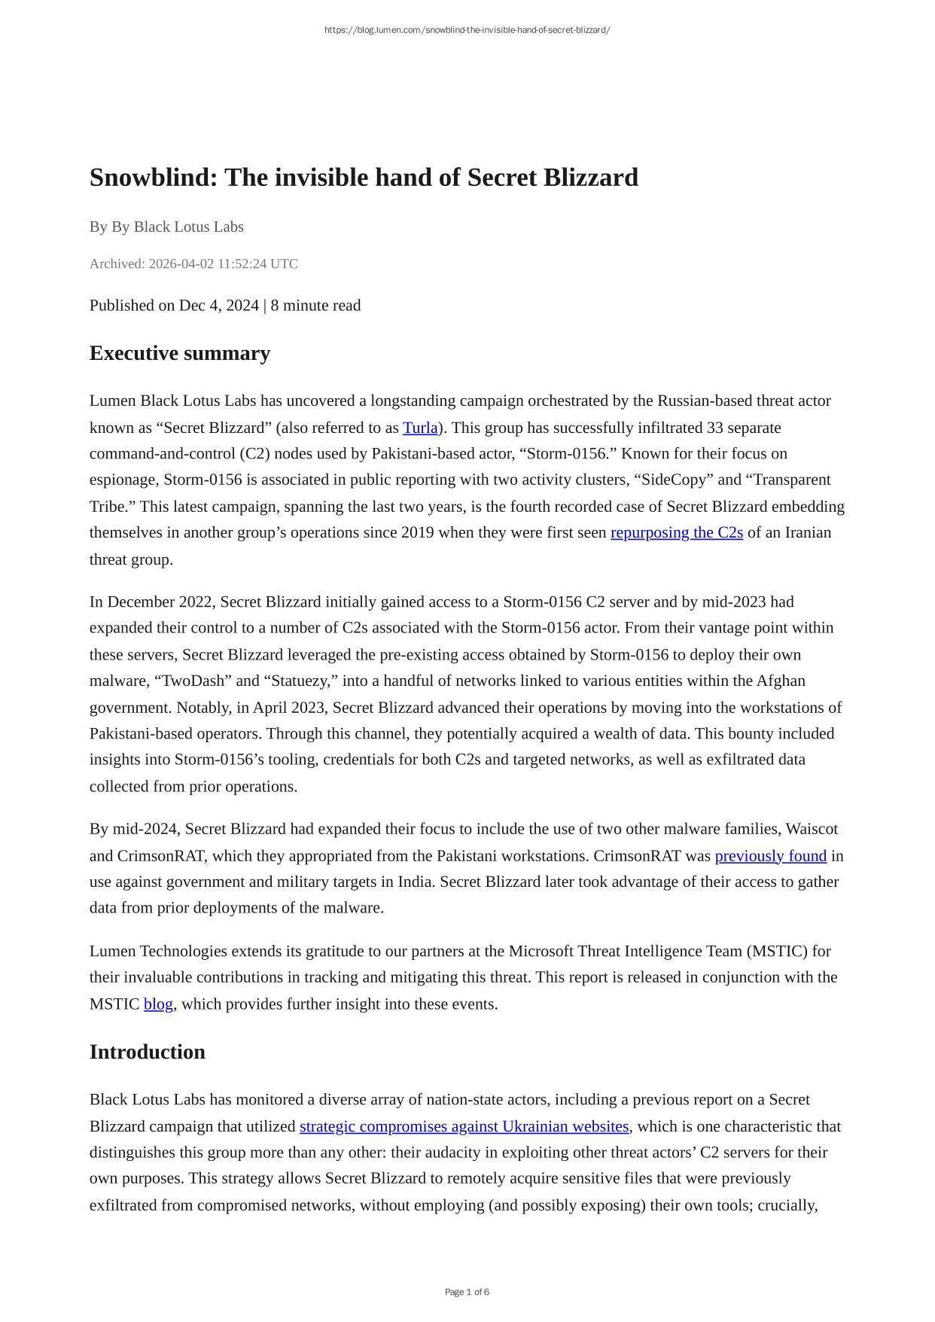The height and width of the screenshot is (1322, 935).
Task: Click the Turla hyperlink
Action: coord(420,428)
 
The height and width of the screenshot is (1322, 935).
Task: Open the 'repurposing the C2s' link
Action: coord(676,532)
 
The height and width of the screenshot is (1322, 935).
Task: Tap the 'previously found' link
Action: coord(770,855)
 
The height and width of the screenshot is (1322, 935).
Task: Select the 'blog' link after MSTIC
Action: coord(158,1004)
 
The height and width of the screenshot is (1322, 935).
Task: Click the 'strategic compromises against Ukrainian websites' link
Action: coord(464,1126)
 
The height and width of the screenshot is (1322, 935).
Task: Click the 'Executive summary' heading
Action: coord(179,353)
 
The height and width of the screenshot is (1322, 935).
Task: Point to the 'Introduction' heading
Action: coord(147,1052)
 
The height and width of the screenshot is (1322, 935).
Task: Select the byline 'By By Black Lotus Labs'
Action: coord(166,227)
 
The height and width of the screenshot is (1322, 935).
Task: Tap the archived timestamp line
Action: coord(193,263)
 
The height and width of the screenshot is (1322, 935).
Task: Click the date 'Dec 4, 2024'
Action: coord(218,305)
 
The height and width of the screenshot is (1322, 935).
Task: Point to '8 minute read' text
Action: coord(315,305)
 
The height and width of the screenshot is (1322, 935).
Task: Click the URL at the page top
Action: coord(467,30)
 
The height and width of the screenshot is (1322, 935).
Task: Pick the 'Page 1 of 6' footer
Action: coord(467,1292)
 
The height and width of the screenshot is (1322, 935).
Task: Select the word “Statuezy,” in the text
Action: coord(300,681)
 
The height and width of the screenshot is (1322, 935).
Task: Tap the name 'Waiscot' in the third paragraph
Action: coord(812,829)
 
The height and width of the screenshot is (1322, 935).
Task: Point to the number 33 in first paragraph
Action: coord(714,428)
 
